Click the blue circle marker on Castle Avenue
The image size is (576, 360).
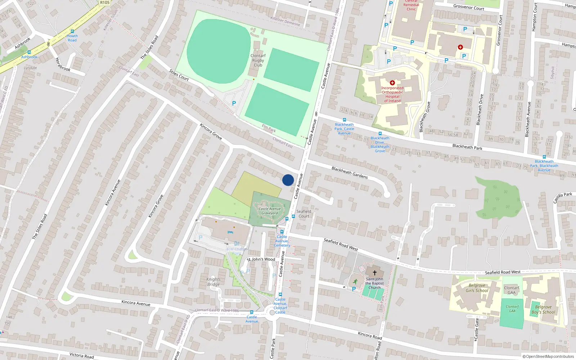(288, 180)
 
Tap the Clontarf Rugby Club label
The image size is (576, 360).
(258, 60)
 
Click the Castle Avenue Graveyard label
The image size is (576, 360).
(270, 211)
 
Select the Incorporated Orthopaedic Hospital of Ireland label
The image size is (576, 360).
(392, 94)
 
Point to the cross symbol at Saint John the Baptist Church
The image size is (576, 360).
(374, 273)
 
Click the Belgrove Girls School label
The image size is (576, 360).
(477, 288)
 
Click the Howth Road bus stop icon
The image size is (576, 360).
(72, 31)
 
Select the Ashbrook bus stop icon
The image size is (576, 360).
(29, 53)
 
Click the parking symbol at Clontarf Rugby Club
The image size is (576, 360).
(234, 103)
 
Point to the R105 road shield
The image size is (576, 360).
(105, 3)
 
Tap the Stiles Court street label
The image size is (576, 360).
(179, 75)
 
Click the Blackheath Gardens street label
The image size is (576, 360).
(350, 172)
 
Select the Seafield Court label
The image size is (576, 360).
(304, 214)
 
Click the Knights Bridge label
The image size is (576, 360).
(213, 282)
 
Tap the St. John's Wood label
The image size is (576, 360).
(261, 259)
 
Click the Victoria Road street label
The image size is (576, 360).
(82, 356)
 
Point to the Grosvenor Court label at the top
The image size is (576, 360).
(469, 7)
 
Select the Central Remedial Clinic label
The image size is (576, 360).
(411, 5)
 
